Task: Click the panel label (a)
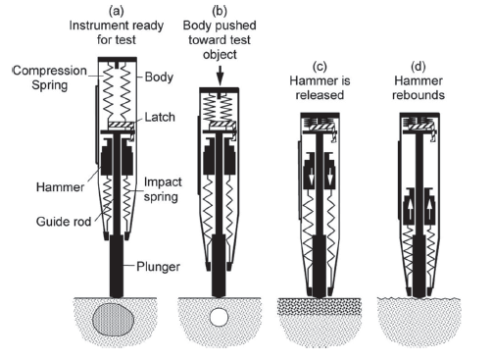pos(117,11)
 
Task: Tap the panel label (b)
pos(220,11)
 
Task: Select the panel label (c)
pos(320,67)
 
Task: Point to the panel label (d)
pos(419,67)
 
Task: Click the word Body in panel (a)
pos(159,77)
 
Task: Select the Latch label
pos(160,117)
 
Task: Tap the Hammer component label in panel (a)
pos(60,187)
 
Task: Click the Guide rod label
pos(64,222)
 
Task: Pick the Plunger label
pos(158,267)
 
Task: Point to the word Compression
pos(50,71)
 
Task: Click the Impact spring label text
pos(163,189)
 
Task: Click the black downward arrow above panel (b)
pos(221,76)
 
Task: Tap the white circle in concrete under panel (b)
pos(219,317)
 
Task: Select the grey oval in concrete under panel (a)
pos(113,319)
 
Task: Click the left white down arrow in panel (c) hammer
pos(312,176)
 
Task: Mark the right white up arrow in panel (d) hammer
pos(429,209)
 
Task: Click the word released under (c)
pos(320,95)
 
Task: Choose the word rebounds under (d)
pos(419,95)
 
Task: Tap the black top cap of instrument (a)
pos(117,59)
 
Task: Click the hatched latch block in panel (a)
pos(121,126)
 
